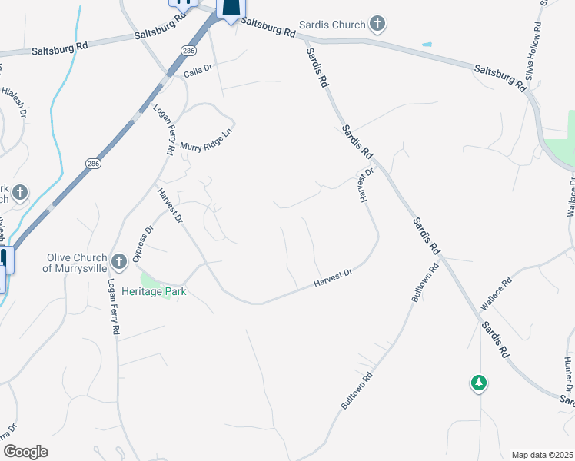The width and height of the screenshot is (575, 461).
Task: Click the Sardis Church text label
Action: click(x=333, y=25)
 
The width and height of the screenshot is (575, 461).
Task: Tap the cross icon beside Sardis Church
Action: click(x=377, y=25)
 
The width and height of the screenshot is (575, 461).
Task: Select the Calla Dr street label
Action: click(x=198, y=75)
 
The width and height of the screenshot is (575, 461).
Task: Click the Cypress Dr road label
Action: click(x=143, y=243)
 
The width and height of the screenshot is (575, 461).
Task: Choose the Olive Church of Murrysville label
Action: click(x=75, y=263)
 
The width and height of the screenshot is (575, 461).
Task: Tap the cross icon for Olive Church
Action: click(x=118, y=262)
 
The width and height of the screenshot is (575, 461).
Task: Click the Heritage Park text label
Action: click(x=154, y=292)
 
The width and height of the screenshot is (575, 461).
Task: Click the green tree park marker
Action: click(x=479, y=382)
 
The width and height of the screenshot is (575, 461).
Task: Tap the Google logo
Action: click(x=25, y=452)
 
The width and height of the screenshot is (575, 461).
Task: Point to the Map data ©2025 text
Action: click(x=543, y=454)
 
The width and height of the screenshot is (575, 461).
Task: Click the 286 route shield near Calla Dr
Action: click(x=188, y=51)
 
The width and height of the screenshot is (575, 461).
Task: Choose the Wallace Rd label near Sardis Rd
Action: click(x=497, y=295)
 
